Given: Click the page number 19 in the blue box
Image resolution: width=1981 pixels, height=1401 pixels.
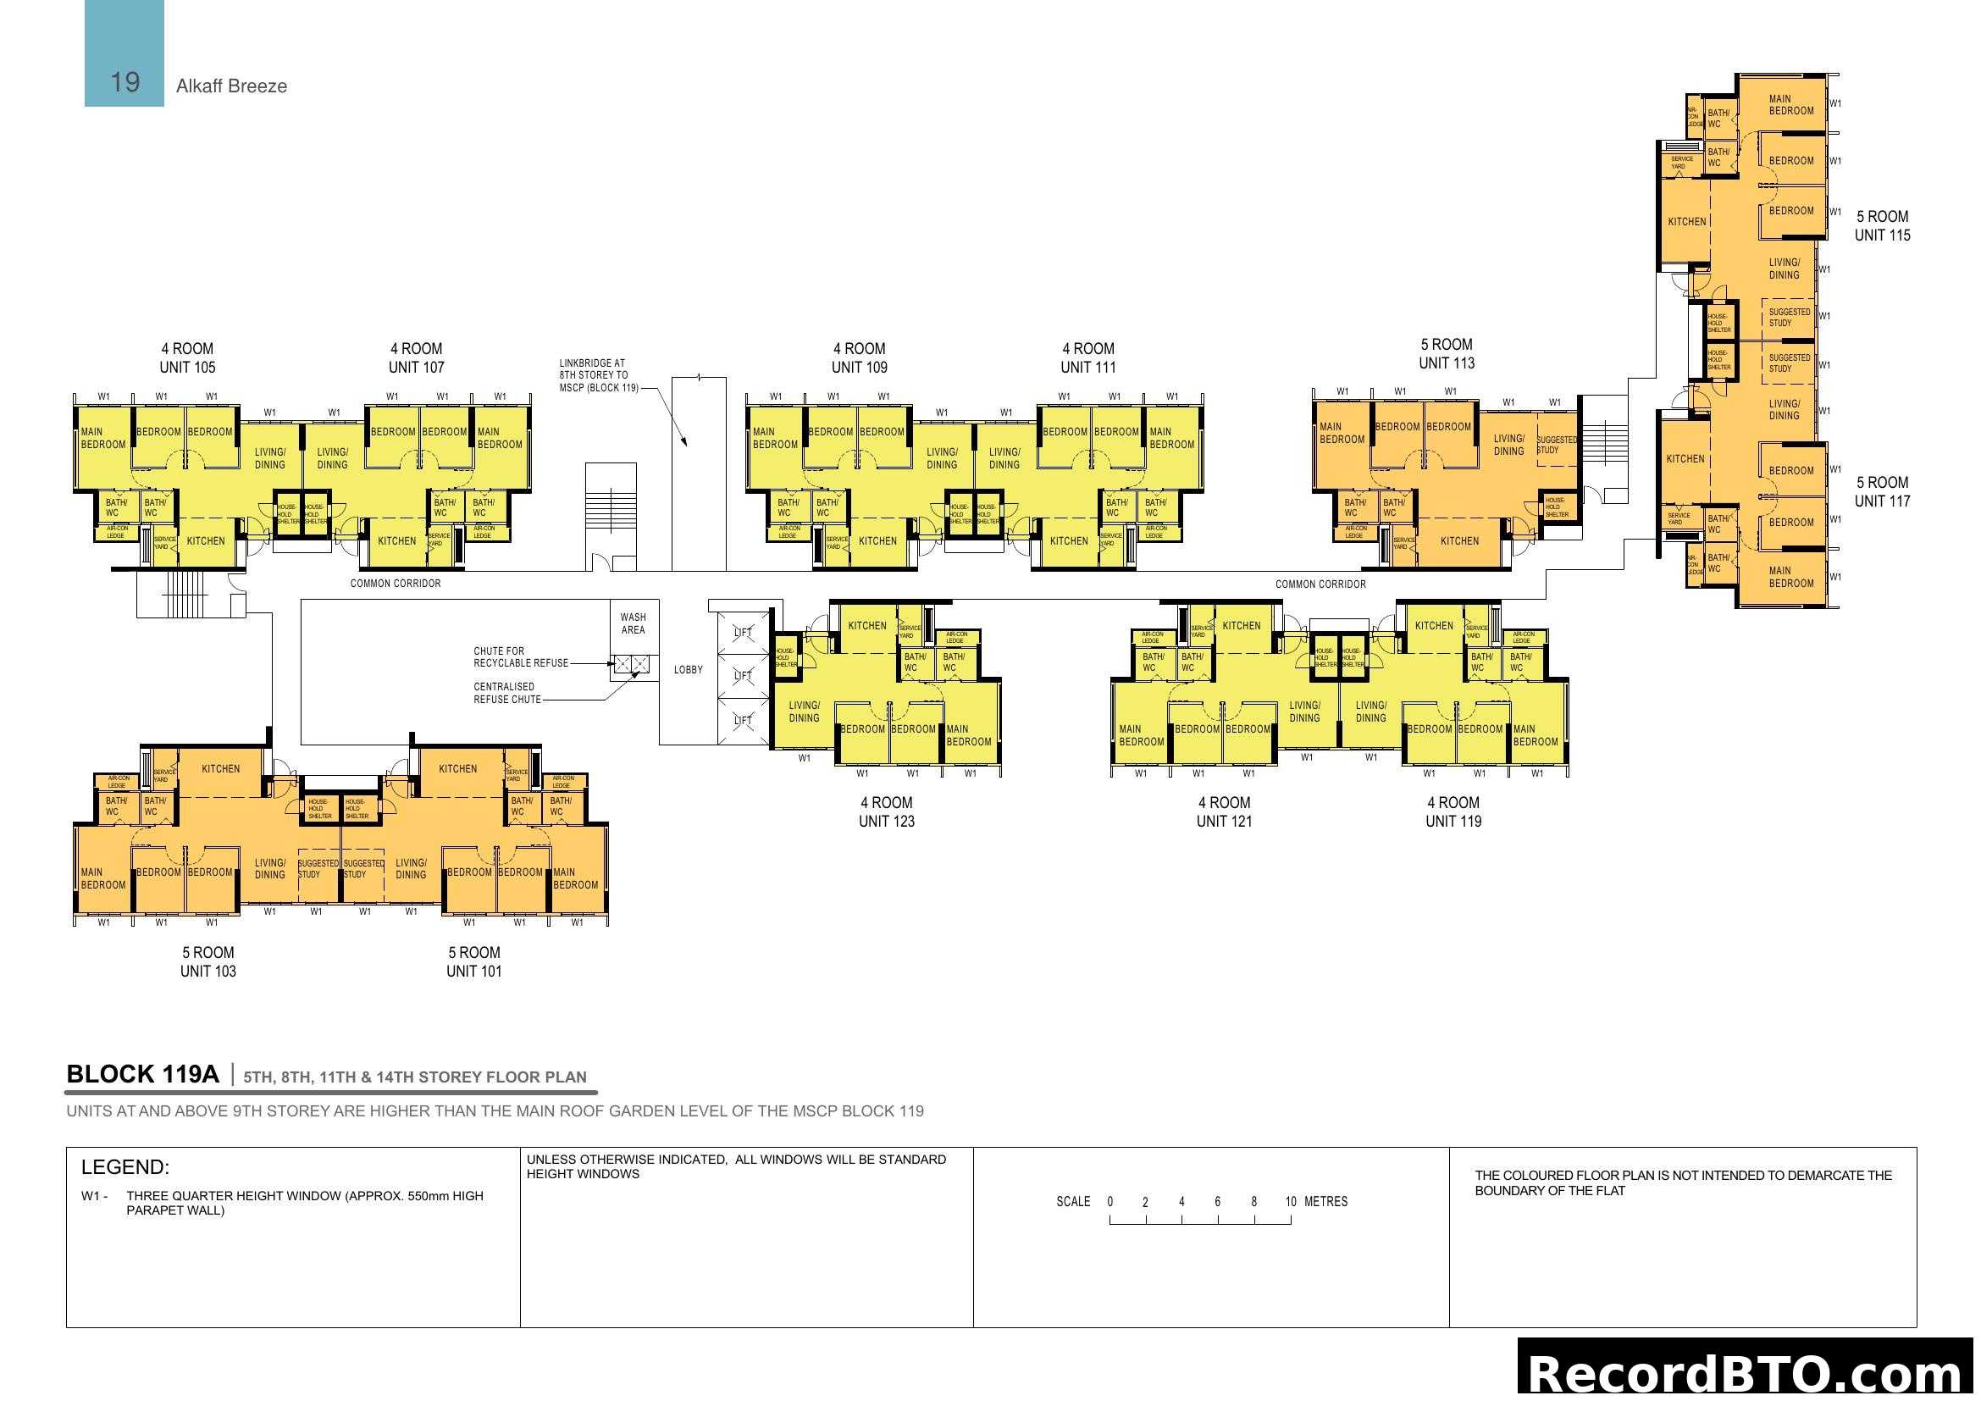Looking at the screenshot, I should pos(125,82).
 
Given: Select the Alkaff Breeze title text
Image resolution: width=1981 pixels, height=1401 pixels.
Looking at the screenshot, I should pos(231,86).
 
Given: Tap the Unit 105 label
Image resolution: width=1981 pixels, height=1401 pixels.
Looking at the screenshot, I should pos(187,367).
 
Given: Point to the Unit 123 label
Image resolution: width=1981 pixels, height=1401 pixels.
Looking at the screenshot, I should pos(886,821).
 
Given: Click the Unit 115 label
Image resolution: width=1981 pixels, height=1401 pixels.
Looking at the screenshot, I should pos(1882,235).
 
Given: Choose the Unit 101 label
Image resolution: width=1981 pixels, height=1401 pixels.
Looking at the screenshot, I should pos(473,971).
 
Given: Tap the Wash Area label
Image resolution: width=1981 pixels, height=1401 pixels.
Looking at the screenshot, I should pos(634,623).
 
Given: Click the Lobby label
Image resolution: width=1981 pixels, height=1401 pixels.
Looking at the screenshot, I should pos(688,669).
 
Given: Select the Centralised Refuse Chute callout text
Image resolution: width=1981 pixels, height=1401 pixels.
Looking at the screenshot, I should pos(506,693).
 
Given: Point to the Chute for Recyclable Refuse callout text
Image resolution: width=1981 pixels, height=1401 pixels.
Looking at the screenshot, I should pos(520,656).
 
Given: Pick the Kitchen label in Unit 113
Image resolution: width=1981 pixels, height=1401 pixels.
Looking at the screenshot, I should pos(1459,541).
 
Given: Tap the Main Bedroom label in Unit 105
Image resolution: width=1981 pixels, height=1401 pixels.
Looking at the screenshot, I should pos(102,438).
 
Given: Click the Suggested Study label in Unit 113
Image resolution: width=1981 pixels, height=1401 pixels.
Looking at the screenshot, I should pos(1557,445).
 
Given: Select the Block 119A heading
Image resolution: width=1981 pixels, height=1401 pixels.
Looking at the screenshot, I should pos(142,1074).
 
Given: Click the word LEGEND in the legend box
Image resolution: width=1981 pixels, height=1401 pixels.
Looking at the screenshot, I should pos(125,1167).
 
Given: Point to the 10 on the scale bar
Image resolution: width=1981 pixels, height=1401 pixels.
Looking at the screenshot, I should pos(1290,1201).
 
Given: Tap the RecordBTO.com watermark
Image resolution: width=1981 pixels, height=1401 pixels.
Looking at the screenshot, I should pos(1747,1372).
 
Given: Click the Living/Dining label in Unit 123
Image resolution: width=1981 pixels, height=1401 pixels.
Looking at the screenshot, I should pos(803,711).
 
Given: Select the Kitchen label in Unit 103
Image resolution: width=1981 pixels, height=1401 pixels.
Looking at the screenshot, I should pos(221,768).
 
